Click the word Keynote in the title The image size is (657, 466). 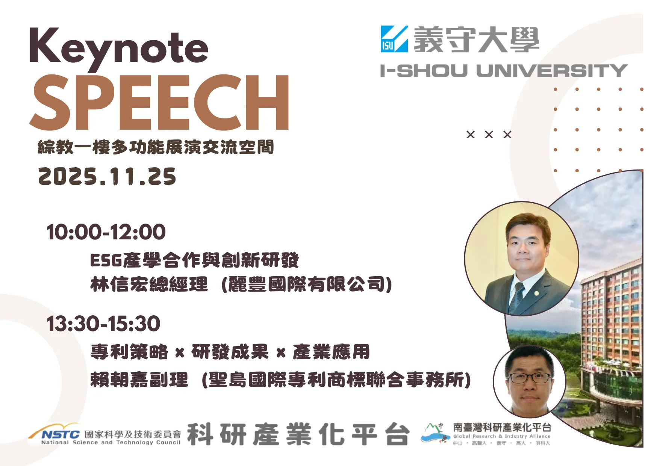tap(119, 48)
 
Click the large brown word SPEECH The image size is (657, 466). tap(159, 102)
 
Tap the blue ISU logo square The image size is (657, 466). tap(394, 39)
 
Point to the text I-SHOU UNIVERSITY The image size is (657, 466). tap(504, 71)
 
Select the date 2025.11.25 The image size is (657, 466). tap(107, 176)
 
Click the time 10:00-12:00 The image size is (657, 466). tap(106, 232)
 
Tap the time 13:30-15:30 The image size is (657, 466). tap(103, 324)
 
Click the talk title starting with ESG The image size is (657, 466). tap(194, 260)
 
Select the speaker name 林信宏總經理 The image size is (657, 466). tap(149, 284)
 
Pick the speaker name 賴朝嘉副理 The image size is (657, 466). tap(139, 380)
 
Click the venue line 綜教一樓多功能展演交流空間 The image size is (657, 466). tap(156, 147)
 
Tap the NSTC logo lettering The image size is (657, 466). tap(60, 434)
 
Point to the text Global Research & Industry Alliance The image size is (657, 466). tap(502, 436)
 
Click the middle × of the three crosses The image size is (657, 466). tap(489, 135)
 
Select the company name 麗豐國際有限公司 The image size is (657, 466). tap(307, 284)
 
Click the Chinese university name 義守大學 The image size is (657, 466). tap(477, 39)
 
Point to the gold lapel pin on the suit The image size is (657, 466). tap(537, 293)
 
